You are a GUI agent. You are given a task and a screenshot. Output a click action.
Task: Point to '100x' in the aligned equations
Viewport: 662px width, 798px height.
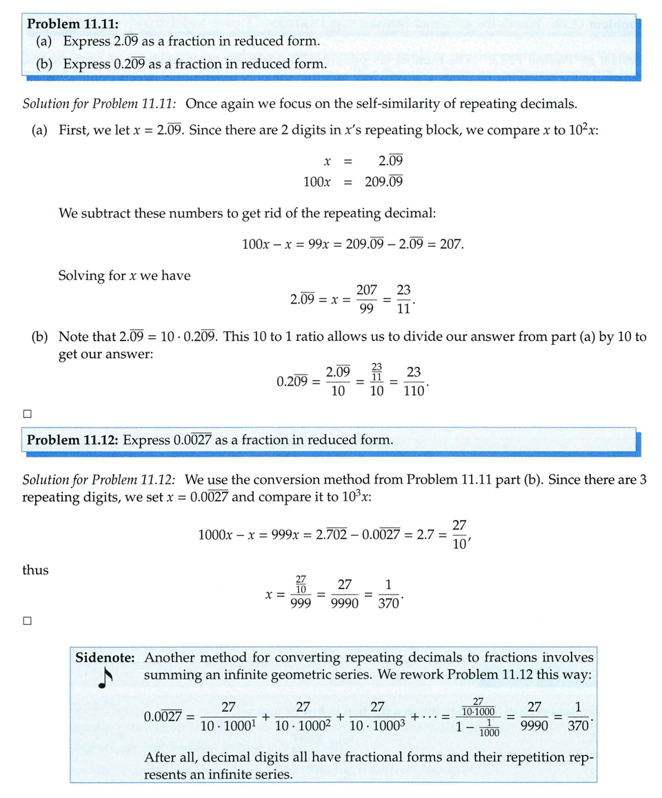[317, 182]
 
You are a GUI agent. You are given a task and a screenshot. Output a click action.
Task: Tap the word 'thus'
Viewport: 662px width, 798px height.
[36, 570]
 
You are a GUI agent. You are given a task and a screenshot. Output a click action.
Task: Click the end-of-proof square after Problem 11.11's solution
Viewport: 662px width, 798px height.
[28, 414]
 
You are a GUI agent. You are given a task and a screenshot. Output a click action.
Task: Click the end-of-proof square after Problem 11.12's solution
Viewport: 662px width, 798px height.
[28, 620]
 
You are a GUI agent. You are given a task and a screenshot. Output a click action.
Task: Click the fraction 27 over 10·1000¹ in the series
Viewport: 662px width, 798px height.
[228, 717]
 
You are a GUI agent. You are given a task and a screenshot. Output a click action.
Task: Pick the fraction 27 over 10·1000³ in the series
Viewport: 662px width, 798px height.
[377, 717]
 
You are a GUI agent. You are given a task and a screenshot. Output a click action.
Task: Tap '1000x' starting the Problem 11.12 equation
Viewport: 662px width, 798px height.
[214, 535]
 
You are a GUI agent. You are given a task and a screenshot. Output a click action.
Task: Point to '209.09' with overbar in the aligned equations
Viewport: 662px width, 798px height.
[383, 182]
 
